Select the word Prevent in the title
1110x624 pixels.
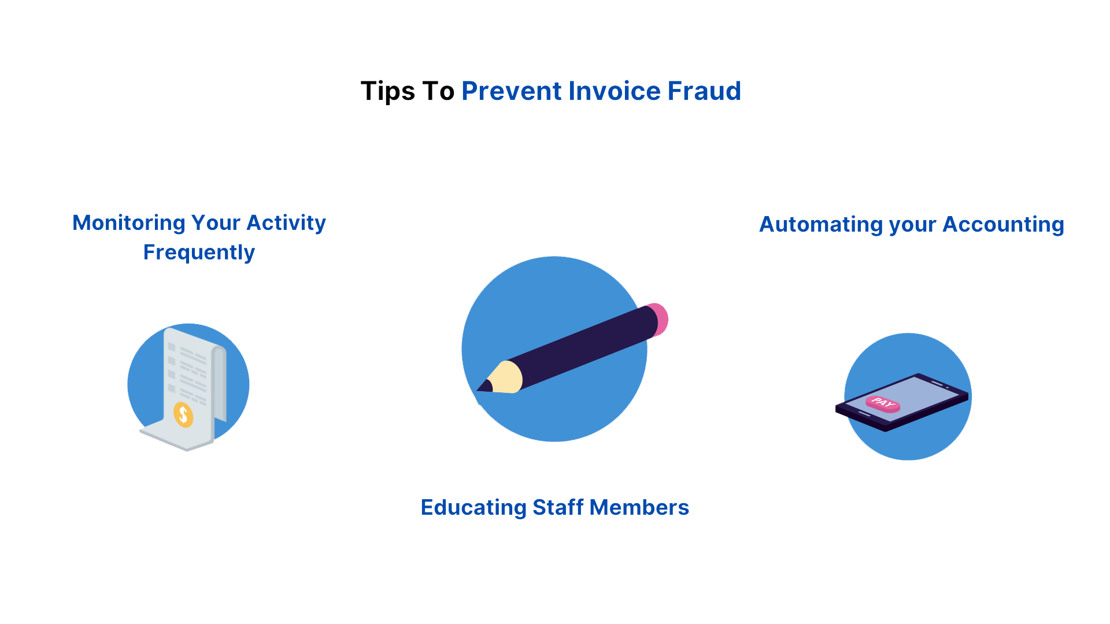pos(512,91)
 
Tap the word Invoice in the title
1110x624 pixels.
pos(614,91)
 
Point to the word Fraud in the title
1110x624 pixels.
pos(704,91)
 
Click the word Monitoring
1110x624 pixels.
pos(129,224)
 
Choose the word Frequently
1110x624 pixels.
pos(199,253)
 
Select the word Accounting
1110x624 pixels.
pos(1003,225)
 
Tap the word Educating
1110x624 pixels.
pos(473,508)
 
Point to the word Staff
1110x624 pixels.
pos(558,508)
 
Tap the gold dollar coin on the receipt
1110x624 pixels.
pos(183,414)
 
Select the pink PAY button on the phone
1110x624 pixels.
pos(883,403)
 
